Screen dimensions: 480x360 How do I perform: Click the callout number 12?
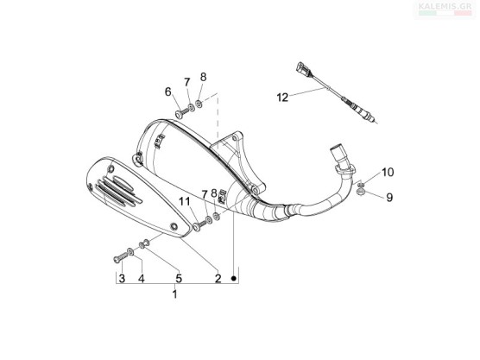(282, 98)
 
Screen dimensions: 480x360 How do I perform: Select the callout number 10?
(388, 173)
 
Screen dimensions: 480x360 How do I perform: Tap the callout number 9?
(389, 198)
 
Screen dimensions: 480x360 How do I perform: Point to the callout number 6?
(168, 92)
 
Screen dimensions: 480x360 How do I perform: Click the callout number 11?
(185, 201)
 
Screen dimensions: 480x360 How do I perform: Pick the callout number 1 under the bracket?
(174, 294)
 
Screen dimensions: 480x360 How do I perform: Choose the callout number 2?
(218, 279)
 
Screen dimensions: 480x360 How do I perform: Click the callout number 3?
(122, 279)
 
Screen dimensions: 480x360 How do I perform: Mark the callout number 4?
(141, 279)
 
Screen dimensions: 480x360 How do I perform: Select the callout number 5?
(179, 279)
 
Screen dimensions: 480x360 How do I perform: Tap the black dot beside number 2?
(234, 278)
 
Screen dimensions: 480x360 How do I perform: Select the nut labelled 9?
(361, 193)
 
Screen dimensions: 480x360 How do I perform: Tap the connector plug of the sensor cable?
(303, 70)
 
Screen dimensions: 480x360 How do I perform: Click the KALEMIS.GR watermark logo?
(445, 9)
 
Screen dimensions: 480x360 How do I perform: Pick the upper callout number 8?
(203, 78)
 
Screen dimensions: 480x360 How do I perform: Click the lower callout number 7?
(205, 194)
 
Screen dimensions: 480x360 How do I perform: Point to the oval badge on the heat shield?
(123, 183)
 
